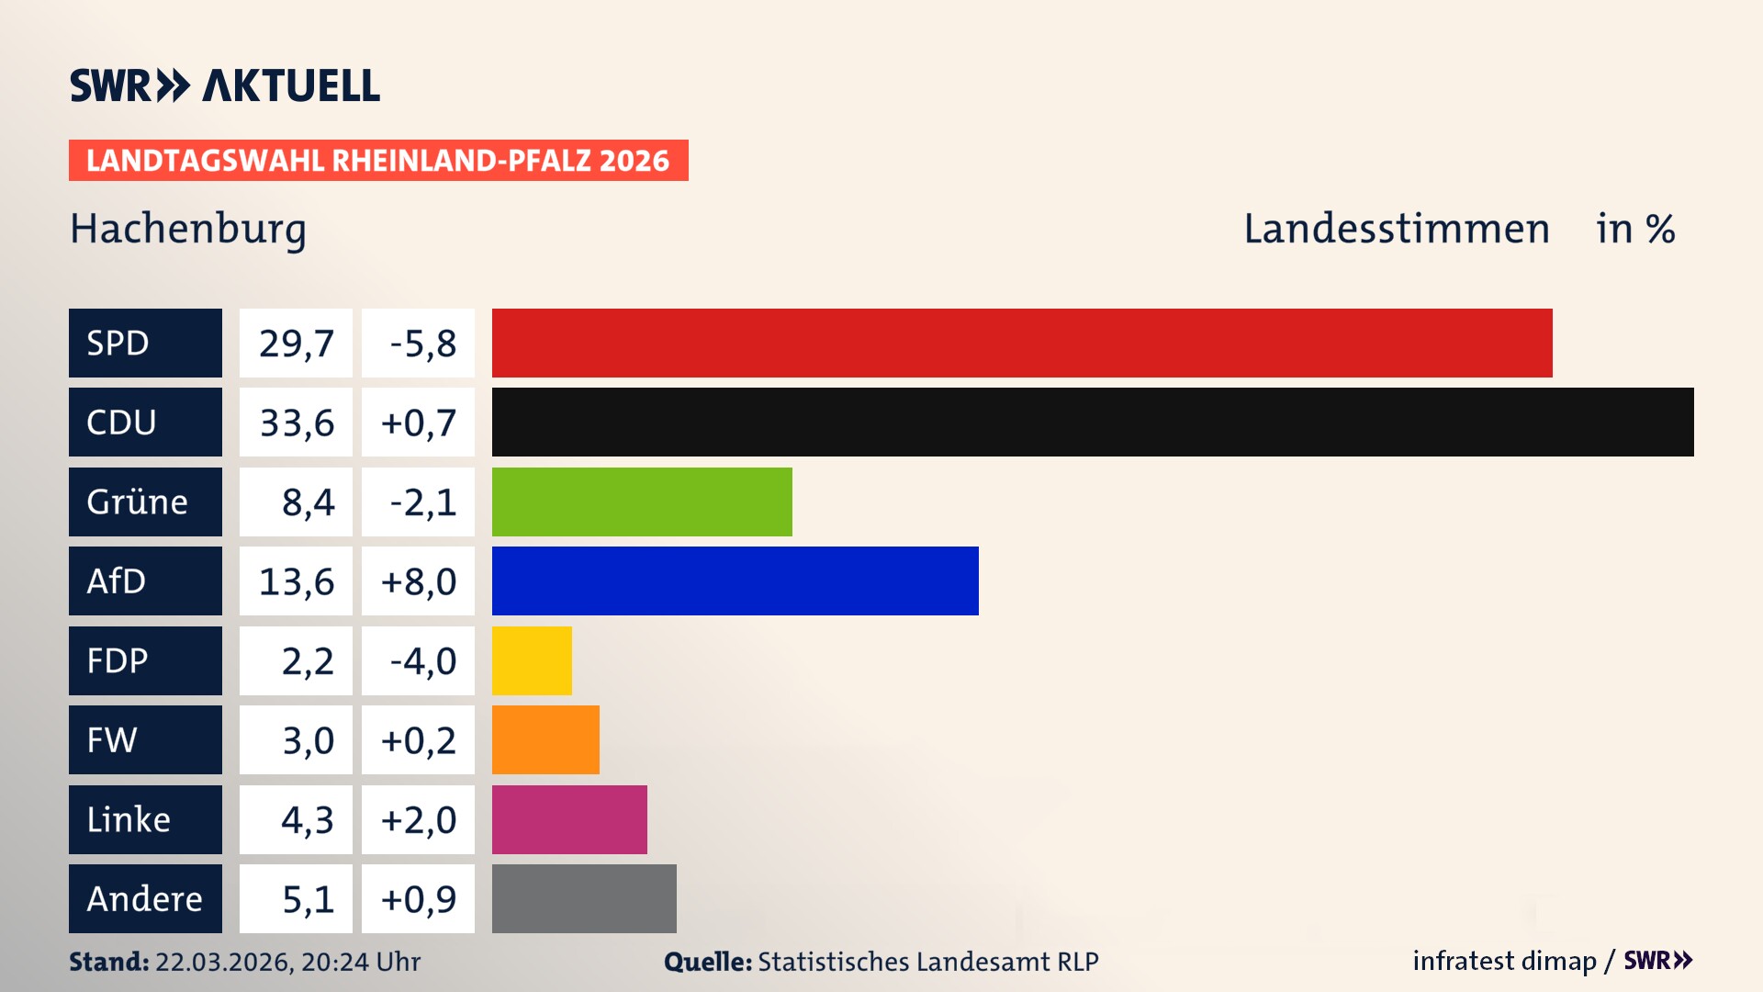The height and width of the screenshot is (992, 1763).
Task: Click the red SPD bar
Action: pos(1021,343)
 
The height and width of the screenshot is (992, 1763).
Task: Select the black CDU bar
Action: pos(1093,422)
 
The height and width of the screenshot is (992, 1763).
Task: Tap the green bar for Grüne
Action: pos(642,502)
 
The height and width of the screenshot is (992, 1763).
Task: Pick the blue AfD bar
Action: pos(735,581)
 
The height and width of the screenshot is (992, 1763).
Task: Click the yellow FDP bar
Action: pos(532,660)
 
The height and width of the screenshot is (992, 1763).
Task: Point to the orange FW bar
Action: pos(545,739)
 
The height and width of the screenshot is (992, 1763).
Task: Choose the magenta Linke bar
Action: pos(569,819)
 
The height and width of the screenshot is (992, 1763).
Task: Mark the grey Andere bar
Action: pos(584,898)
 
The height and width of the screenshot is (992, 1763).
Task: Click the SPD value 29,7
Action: pos(296,344)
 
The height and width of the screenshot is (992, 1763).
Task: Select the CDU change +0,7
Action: pos(418,423)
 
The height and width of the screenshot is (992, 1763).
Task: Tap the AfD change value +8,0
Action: pos(418,581)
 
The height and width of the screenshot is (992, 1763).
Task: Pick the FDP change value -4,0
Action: pos(422,661)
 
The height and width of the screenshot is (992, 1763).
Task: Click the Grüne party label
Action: pos(138,502)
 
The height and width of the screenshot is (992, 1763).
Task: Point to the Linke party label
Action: pos(129,819)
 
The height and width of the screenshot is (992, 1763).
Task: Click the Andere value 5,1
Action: pos(308,899)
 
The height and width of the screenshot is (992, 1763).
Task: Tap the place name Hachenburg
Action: pos(188,230)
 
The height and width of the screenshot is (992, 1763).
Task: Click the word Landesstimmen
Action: pos(1396,229)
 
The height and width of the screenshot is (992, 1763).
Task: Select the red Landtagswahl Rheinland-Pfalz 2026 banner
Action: pos(378,161)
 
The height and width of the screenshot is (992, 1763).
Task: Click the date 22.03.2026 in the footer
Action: pos(223,962)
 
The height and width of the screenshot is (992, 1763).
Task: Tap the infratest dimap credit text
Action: pos(1504,961)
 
